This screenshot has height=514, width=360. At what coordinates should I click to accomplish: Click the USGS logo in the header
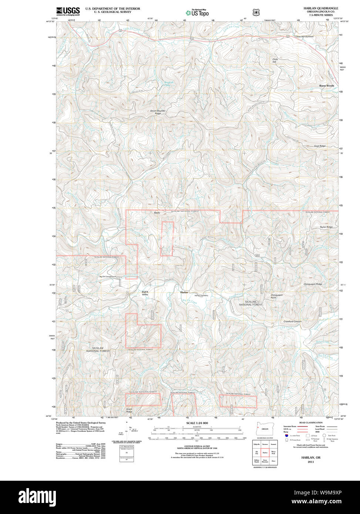(68, 11)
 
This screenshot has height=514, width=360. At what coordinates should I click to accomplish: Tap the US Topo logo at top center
(197, 13)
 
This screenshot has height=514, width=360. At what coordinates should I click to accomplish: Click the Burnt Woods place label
(327, 86)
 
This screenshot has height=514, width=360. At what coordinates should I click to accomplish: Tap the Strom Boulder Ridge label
(158, 112)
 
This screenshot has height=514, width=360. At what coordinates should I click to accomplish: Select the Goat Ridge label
(320, 146)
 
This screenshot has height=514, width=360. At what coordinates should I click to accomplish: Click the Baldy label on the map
(157, 213)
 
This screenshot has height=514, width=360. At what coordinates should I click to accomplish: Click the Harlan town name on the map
(184, 292)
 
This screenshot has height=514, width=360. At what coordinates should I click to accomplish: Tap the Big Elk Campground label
(108, 277)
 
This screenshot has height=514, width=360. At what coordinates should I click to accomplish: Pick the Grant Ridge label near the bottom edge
(129, 410)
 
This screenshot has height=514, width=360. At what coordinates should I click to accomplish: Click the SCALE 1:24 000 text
(197, 423)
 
